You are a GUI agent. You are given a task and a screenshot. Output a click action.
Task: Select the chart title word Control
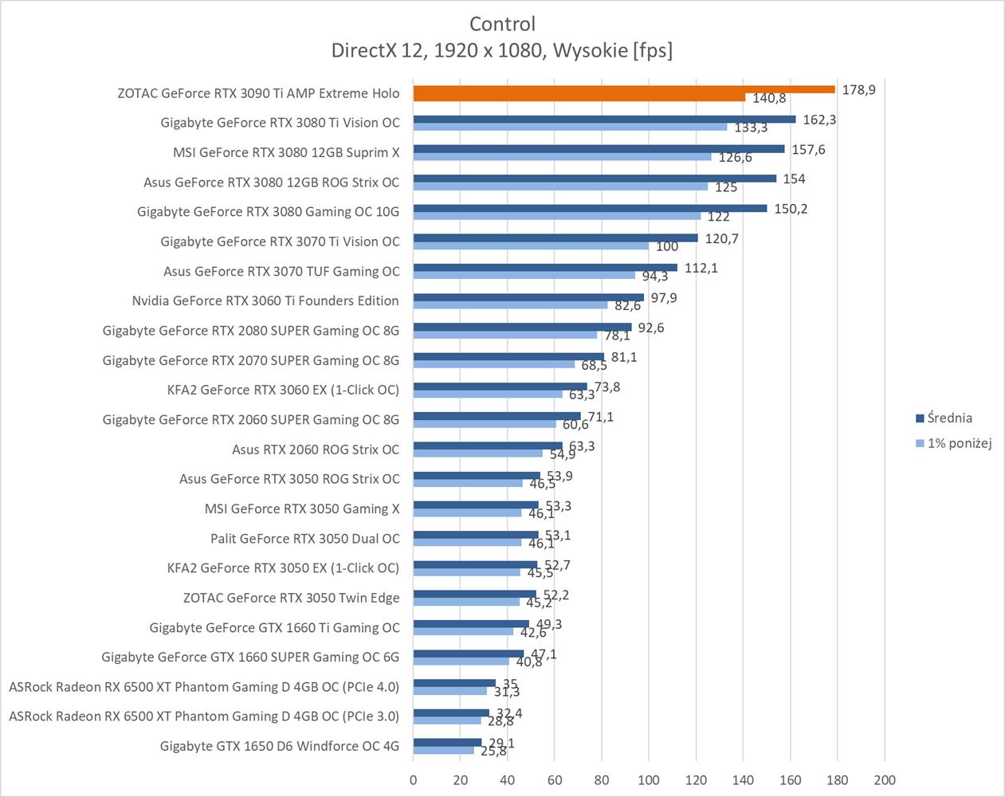tap(502, 24)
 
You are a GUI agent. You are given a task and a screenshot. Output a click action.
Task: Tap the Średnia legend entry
tap(948, 418)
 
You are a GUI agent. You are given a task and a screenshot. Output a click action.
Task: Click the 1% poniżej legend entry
tap(959, 443)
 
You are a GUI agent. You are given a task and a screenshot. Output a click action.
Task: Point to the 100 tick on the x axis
tap(648, 780)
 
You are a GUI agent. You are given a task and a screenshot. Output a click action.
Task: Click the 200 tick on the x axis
tap(885, 780)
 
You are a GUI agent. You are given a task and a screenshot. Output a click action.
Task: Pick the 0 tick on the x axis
tap(413, 780)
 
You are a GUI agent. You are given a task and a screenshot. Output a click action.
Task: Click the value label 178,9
tap(858, 90)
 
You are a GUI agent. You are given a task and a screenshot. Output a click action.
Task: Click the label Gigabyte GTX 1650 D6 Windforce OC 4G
tap(280, 746)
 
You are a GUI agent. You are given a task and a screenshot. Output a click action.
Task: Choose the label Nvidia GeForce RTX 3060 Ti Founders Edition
tap(265, 300)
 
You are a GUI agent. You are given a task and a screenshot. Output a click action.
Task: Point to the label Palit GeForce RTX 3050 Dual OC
tap(305, 538)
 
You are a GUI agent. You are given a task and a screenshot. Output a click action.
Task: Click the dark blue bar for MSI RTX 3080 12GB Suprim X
tap(598, 148)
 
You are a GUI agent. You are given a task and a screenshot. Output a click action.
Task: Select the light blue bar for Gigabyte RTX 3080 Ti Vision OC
tap(570, 127)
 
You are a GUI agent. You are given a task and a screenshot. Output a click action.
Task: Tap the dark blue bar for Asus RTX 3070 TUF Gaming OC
tap(545, 267)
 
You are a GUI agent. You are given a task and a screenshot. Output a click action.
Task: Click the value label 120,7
tap(722, 238)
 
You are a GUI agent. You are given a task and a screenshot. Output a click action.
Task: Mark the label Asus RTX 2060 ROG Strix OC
tap(316, 450)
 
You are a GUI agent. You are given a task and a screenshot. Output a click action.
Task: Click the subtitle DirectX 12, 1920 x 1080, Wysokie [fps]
tap(502, 50)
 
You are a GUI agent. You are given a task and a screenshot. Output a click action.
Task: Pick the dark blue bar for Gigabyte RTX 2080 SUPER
tap(522, 327)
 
